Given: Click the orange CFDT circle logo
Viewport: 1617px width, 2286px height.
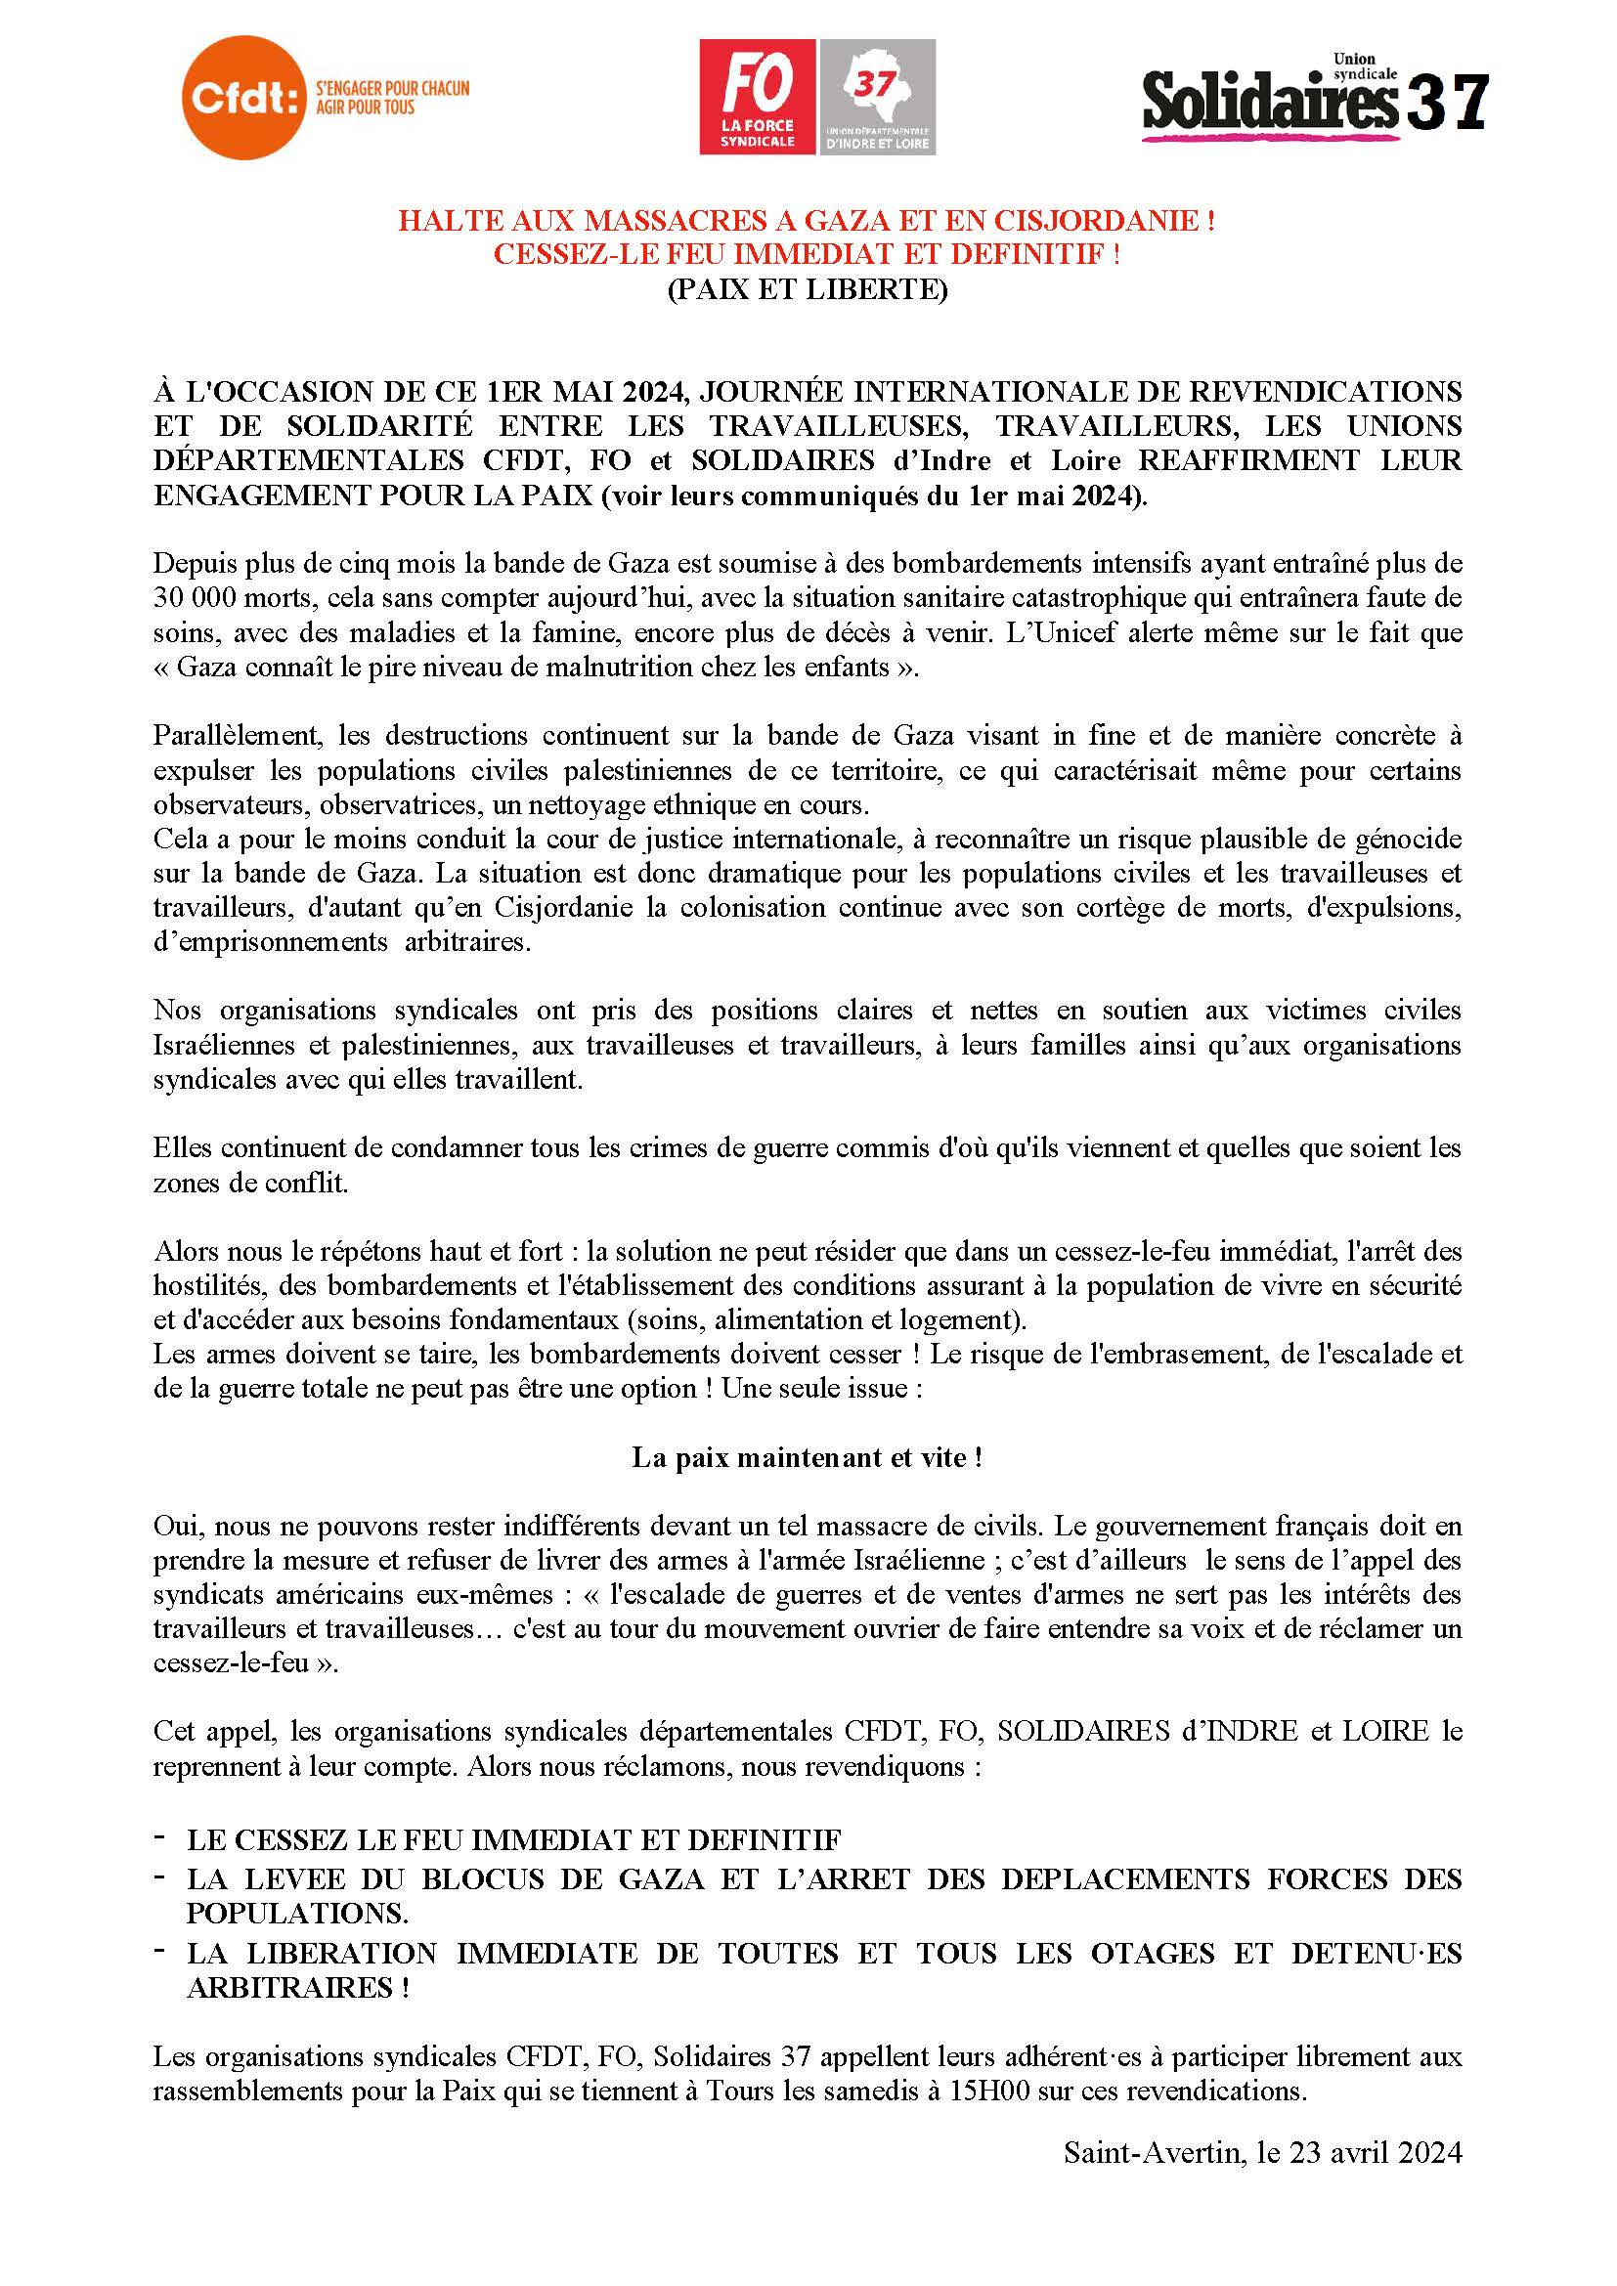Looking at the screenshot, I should coord(243,98).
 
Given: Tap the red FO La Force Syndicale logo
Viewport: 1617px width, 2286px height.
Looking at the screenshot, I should coord(757,97).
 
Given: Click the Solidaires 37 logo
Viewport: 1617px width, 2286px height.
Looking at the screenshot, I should coord(1314,100).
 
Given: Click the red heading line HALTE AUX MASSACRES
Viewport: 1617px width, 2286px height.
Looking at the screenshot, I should coord(807,220).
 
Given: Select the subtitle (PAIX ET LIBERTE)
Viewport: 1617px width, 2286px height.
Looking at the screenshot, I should coord(807,288).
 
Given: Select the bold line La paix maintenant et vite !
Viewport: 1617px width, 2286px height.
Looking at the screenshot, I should coord(808,1457).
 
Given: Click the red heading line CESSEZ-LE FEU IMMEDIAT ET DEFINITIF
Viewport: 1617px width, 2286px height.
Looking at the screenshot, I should coord(807,254).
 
